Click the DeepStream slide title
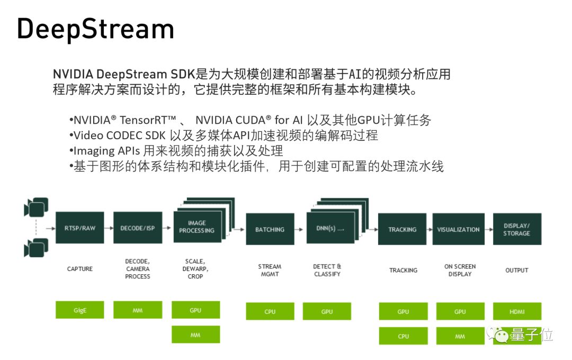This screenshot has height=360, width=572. coord(95,30)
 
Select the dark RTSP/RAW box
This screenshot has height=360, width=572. coord(80,228)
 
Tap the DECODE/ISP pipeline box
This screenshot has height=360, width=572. coord(138,228)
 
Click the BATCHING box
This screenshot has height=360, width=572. coord(270,229)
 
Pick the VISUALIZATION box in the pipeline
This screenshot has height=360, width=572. coord(459,229)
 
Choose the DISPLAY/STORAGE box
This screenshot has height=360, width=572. coord(517,229)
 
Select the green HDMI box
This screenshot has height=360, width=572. coord(517,311)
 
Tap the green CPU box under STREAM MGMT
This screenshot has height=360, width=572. coord(270,311)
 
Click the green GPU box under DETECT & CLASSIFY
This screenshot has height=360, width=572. coord(327,311)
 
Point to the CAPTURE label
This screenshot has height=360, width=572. coord(80,269)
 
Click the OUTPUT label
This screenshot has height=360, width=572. coord(517,270)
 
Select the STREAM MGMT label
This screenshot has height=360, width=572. coord(270,270)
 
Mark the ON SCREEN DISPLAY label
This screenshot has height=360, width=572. coord(460,270)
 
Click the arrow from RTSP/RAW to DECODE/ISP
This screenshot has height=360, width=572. coord(109,228)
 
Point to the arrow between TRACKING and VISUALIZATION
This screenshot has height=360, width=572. coord(430,229)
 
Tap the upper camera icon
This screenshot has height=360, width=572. coord(36,207)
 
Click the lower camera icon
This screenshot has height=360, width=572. coord(36,247)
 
